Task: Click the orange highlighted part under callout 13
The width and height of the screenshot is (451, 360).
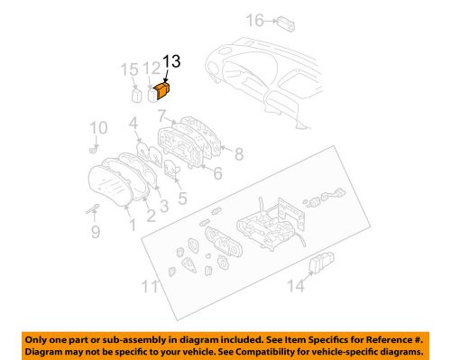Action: point(162,90)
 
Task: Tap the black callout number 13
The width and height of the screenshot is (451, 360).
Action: point(171,61)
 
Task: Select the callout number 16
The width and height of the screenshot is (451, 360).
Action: point(255,21)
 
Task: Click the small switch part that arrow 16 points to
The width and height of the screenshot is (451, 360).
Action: point(286,23)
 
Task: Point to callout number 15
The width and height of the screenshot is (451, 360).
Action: point(129,69)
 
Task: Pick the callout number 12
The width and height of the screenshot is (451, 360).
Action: point(152,69)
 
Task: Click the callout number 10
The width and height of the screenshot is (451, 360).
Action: point(98,128)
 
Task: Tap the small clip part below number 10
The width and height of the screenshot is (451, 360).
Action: point(94,149)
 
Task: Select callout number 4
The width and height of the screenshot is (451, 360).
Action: point(133,124)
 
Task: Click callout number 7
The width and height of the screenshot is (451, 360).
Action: point(162,115)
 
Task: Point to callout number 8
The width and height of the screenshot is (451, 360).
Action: point(239,154)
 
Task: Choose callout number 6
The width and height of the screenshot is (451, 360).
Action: point(217,173)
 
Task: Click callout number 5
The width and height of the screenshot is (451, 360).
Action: point(182,198)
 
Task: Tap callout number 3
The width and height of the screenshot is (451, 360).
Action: point(164,206)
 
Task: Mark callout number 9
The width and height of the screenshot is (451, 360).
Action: point(96,232)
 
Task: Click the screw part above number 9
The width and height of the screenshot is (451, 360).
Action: point(93,208)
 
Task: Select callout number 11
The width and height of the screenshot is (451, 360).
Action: point(150,286)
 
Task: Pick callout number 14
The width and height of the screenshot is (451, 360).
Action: point(296,285)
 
